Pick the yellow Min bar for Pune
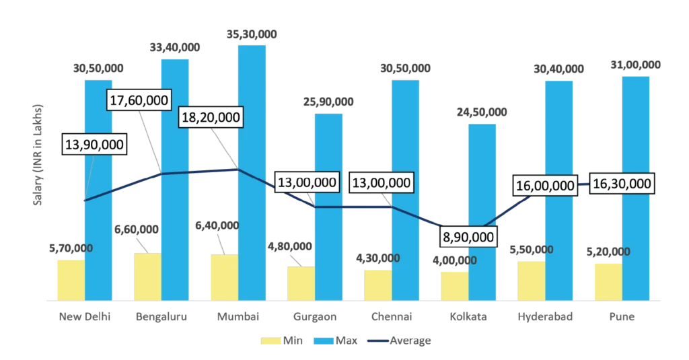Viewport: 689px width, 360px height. click(x=608, y=280)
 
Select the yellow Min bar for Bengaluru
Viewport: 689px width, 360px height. click(x=148, y=275)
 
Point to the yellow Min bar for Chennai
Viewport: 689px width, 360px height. click(x=377, y=283)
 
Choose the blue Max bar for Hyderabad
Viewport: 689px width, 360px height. click(x=559, y=188)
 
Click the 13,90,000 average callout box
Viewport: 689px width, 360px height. click(x=95, y=145)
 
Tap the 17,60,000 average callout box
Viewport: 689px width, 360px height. click(x=140, y=100)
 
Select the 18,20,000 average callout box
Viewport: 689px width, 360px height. click(x=210, y=117)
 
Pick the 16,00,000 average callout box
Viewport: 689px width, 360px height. click(x=544, y=186)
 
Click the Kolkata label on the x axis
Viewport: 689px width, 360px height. click(x=468, y=316)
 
